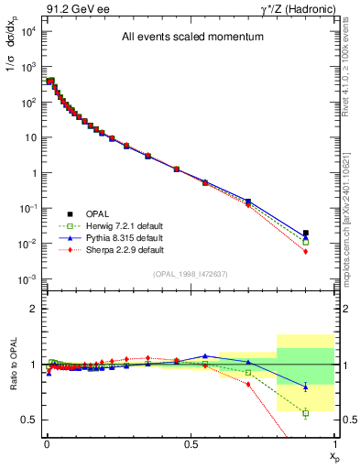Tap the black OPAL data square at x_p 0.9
306,233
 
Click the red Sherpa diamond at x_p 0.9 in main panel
306,251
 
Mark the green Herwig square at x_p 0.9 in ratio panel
306,413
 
